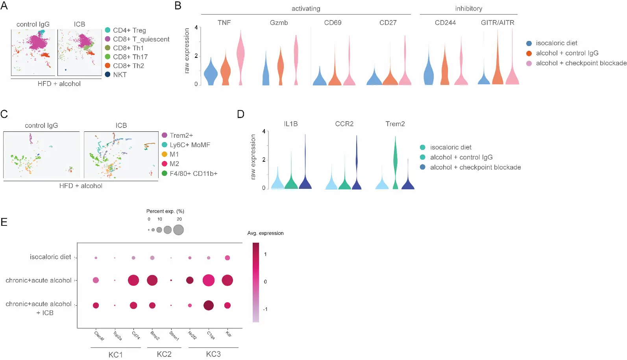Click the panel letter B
tap(178, 6)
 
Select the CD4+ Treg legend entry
tap(129, 30)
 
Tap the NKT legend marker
tap(107, 74)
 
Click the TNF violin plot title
tap(224, 23)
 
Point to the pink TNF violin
tap(240, 55)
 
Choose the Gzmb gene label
tap(279, 23)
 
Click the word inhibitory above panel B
tap(468, 9)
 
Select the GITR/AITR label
tap(498, 23)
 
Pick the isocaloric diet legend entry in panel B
tap(556, 43)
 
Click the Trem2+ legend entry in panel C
tap(181, 135)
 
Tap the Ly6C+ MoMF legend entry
tap(190, 145)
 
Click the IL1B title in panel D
tap(291, 124)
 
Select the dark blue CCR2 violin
tap(357, 169)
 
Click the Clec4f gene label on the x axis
tap(99, 336)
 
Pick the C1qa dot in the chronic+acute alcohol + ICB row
tap(209, 305)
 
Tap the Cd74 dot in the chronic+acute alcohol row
tap(133, 281)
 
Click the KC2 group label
tap(164, 354)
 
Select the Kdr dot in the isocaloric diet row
tap(227, 258)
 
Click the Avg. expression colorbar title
tap(265, 233)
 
